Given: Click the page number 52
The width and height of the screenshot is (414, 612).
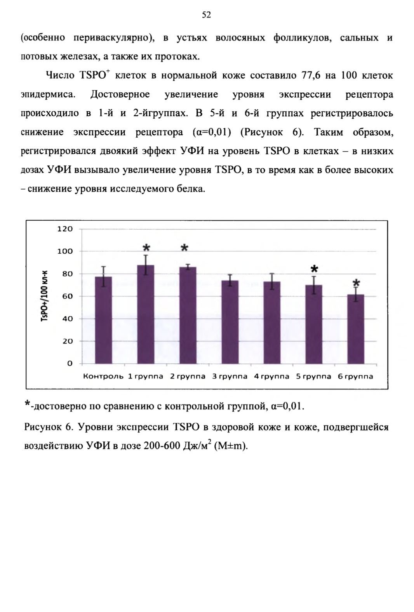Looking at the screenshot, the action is tap(207, 15).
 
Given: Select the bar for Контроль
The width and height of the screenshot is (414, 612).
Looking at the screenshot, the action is tap(103, 320).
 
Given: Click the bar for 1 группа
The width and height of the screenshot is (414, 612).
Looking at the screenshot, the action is tap(146, 314).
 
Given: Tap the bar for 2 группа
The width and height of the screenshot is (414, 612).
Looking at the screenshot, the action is tap(188, 315).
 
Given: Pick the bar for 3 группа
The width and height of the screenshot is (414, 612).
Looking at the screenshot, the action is tap(230, 322).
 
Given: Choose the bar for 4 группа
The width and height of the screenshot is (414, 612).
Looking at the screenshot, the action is tap(272, 323).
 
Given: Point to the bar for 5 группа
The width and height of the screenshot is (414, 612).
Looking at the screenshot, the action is tap(314, 324).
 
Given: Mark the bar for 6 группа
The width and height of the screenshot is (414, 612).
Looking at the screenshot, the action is tap(356, 329).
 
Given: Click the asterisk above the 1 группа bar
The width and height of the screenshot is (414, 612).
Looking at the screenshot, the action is tap(146, 248).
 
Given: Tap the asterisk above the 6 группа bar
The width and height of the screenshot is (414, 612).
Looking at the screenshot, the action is tap(357, 283).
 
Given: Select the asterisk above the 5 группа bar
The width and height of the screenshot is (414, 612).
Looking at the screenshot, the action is tap(314, 269).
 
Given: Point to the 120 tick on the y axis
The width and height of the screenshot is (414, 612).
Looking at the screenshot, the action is tap(65, 229).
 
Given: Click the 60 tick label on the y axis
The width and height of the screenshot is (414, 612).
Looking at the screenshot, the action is tap(68, 296).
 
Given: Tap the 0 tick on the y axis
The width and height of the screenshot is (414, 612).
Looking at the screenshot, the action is tap(70, 364).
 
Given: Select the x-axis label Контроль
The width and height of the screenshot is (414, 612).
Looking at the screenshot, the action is tap(103, 377).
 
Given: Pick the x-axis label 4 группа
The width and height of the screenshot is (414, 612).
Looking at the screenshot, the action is tap(272, 377).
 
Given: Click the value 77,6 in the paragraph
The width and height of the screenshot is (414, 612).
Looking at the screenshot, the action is tap(311, 75).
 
